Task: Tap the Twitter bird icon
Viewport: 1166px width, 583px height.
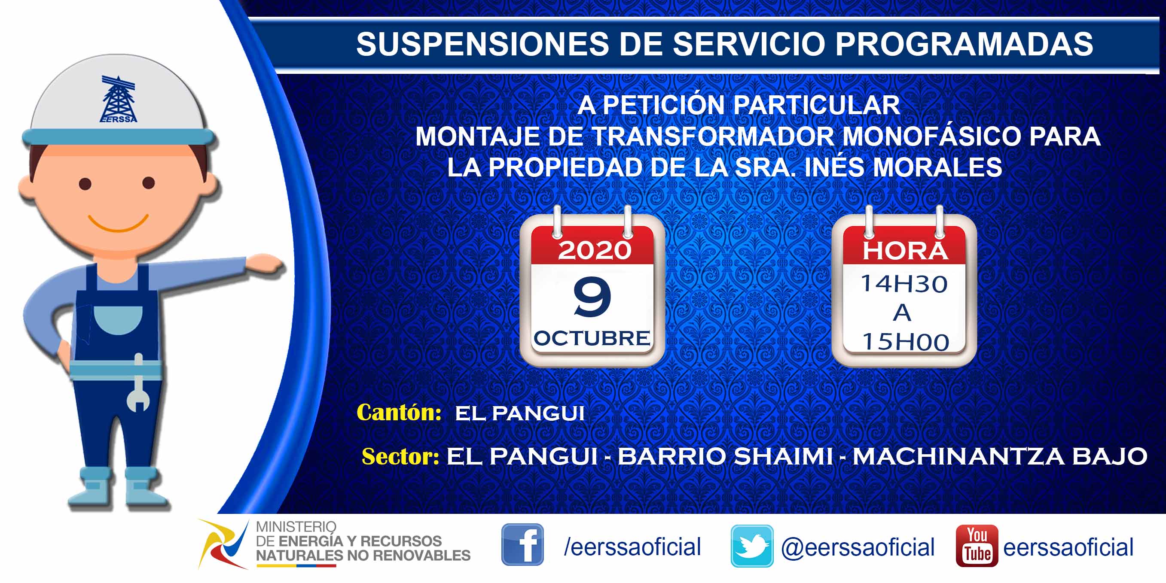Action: tap(752, 546)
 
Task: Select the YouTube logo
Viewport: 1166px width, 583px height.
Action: tap(977, 546)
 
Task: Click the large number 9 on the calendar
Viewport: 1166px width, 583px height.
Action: tap(592, 297)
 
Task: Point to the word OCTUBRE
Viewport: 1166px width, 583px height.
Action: tap(592, 338)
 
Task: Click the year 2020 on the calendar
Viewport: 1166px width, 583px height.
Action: tap(594, 250)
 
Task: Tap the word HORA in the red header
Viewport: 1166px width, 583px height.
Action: tap(905, 251)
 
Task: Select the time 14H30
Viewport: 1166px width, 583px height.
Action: tap(904, 284)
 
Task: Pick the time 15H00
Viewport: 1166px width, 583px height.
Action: tap(905, 342)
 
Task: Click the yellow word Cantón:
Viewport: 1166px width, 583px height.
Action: tap(399, 412)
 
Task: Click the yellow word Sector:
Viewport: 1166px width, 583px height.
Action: tap(400, 456)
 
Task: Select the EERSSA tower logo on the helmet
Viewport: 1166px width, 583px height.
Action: tap(118, 99)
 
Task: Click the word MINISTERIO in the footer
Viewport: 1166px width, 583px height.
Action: tap(296, 527)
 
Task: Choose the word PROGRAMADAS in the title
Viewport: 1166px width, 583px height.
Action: tap(964, 44)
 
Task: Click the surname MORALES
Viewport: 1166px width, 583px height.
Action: tap(937, 167)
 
